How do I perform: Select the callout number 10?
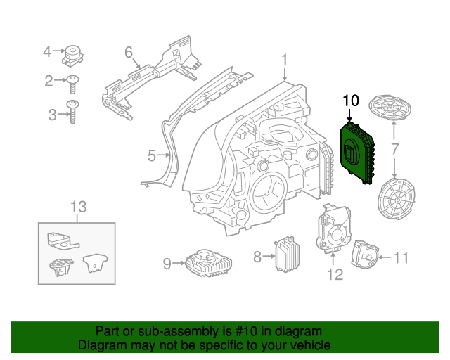tap(350, 101)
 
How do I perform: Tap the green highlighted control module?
tap(357, 153)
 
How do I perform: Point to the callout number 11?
tap(400, 258)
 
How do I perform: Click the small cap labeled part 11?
tap(365, 254)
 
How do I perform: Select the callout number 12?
tap(335, 274)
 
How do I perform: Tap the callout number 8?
tap(258, 257)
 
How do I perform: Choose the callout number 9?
tap(167, 264)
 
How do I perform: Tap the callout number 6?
tap(129, 52)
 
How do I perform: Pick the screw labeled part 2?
tap(72, 82)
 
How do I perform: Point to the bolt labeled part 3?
tap(72, 112)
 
